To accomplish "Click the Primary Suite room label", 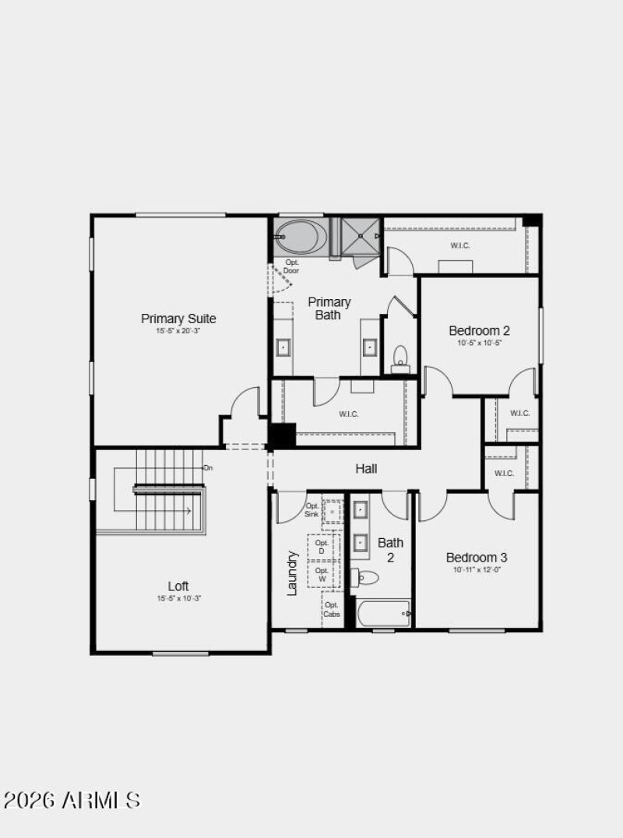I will click(178, 319).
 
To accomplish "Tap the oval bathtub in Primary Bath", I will click(301, 236).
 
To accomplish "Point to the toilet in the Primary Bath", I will click(400, 357).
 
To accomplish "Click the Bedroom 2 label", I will click(479, 330).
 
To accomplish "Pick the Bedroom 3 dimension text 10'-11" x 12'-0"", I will click(477, 570).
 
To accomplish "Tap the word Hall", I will click(366, 469).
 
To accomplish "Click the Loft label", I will click(178, 586).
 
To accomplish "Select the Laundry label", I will click(293, 573).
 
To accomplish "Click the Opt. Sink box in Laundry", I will click(313, 510).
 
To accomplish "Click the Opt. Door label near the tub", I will click(292, 266).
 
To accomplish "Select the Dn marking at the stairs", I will click(208, 468).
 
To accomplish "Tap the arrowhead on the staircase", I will click(189, 511).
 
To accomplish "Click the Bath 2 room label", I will click(390, 550).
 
